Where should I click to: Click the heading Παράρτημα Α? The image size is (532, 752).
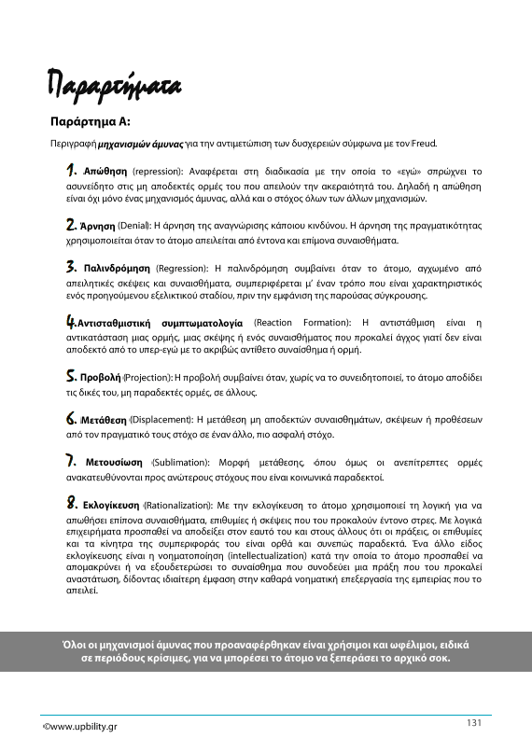coord(90,121)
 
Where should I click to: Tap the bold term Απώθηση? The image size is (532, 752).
coord(105,173)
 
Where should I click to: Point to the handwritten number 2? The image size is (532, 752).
coord(71,225)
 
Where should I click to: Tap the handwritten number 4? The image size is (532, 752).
coord(71,322)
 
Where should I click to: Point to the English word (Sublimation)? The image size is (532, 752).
coord(183,462)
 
